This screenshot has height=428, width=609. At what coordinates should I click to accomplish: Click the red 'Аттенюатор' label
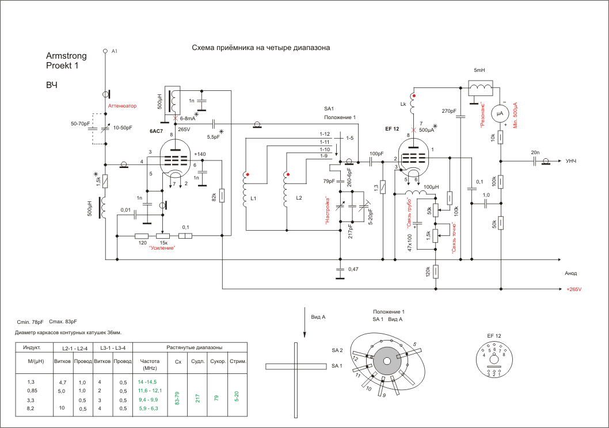tap(123, 106)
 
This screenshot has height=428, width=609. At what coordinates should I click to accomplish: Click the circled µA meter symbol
tap(500, 114)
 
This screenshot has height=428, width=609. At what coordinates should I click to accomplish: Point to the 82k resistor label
tap(214, 197)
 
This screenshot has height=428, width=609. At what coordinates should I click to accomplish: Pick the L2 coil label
tap(299, 197)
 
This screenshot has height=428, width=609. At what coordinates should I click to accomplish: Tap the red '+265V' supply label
tap(574, 289)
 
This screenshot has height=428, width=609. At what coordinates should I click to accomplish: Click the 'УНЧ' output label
tap(572, 161)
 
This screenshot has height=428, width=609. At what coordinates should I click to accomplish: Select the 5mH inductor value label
tap(479, 70)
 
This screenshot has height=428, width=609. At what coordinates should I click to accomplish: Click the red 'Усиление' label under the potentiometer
tap(162, 248)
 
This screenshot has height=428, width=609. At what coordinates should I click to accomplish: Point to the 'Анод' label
tap(570, 273)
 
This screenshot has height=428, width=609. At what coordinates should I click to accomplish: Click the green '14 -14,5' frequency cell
tap(147, 381)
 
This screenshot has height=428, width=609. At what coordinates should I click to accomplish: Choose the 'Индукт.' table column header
tap(32, 348)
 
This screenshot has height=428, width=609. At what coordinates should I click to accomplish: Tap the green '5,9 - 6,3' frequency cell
tap(147, 408)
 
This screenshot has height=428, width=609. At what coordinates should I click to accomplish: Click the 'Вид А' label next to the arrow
tap(318, 317)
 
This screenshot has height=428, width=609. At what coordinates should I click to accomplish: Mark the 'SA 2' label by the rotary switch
tap(337, 350)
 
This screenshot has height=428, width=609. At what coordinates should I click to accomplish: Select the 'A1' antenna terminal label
tap(115, 52)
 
